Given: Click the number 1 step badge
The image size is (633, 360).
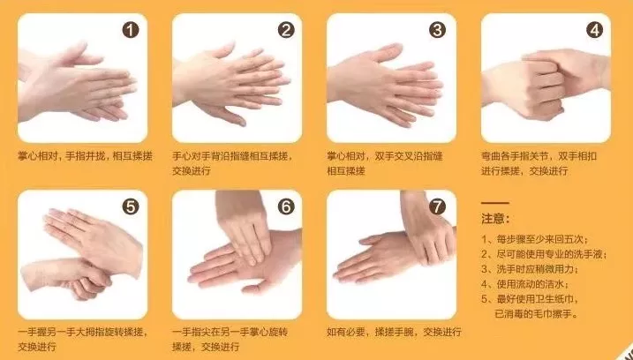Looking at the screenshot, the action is coord(131,30).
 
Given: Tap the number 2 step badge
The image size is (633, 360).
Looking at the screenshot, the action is coord(286,30).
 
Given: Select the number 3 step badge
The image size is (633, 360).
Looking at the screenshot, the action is coord(437,30).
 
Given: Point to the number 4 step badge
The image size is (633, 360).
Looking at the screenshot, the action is coord(594,30).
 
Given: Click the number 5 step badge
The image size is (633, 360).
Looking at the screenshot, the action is coord(131,207).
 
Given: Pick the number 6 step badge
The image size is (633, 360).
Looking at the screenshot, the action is coord(286,207).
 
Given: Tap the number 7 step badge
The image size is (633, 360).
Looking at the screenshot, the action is coord(437,207).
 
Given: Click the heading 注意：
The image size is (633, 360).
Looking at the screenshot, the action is coord(495,219).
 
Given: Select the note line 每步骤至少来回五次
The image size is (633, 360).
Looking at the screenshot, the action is coord(534,239).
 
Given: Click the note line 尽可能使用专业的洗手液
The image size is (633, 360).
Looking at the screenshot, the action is coord(544,254).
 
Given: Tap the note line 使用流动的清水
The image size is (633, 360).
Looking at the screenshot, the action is coord(524,284).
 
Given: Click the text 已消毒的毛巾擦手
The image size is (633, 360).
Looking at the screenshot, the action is coord(536,314).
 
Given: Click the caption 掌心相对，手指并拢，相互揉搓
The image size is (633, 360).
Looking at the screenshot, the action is coord(85,156).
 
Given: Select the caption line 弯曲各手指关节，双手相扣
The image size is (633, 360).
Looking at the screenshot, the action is coord(539,156).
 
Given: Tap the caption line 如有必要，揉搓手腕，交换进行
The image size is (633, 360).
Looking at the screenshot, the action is coord(394,332).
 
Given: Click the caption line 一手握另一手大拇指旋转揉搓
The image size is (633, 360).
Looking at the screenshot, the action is coord(83,332).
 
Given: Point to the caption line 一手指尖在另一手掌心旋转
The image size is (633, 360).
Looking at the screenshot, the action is coord(230,332).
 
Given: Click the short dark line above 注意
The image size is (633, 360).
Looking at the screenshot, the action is coord(495,203).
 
